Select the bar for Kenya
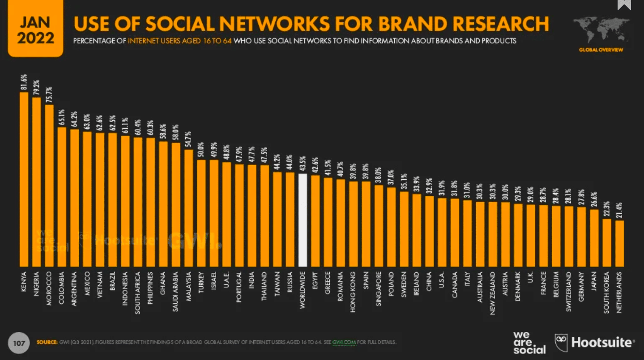click(x=24, y=179)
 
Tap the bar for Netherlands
click(x=620, y=243)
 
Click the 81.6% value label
click(x=24, y=83)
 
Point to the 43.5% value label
click(x=303, y=164)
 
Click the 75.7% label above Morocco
click(x=49, y=95)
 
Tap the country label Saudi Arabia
click(x=176, y=286)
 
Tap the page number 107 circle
click(x=19, y=343)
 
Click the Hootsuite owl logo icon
click(x=561, y=343)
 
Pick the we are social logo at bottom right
click(x=529, y=343)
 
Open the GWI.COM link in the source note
click(x=344, y=343)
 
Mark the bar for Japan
click(x=594, y=237)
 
